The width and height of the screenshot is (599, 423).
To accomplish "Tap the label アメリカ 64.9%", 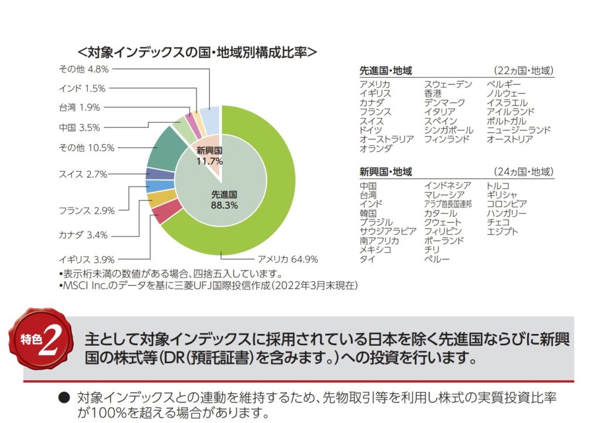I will point(287,259).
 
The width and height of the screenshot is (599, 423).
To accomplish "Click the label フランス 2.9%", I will point(87,210).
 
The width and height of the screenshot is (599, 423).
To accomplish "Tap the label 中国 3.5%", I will point(80,127).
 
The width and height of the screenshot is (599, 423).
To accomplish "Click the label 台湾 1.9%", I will point(80,107).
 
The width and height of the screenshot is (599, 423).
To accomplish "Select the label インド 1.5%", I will point(82,88).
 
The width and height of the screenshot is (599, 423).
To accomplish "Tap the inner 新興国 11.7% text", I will point(209,156).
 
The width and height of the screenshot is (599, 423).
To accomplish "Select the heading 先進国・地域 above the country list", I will point(386,71).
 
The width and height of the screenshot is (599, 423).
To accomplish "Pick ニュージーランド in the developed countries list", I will point(518,130).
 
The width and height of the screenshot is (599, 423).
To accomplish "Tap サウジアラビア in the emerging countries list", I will point(388,231).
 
